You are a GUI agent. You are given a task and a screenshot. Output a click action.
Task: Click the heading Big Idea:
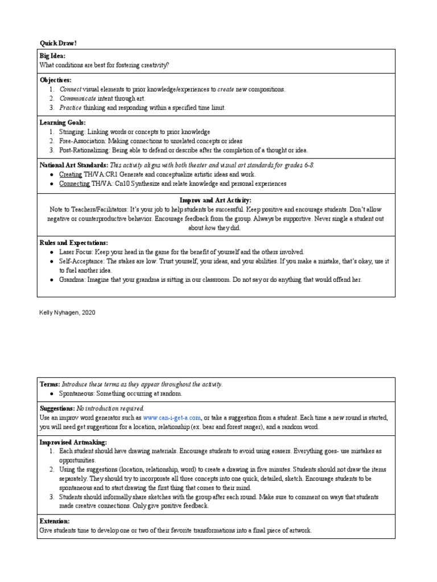(52, 56)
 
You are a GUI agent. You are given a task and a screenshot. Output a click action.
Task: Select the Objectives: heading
(55, 80)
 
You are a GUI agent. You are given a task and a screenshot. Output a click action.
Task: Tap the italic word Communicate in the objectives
(77, 98)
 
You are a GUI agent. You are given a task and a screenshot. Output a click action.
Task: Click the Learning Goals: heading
(63, 122)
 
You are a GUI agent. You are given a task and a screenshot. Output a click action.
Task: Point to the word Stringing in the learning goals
(72, 131)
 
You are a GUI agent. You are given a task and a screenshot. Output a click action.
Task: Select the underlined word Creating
(71, 174)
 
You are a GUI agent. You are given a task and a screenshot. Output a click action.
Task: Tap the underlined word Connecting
(74, 184)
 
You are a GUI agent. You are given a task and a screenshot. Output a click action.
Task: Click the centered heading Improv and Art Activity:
(215, 201)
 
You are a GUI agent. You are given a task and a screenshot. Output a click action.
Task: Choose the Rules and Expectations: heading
(73, 243)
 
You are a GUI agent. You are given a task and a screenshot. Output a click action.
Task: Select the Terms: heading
(50, 384)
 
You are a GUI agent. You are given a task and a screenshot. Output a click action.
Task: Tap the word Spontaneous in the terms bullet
(76, 393)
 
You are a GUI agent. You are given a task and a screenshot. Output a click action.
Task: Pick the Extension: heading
(55, 521)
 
